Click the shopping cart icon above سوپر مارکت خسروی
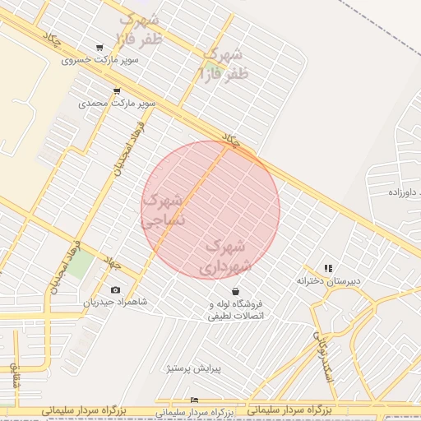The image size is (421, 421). [x=99, y=48]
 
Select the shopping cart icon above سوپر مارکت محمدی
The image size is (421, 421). [x=117, y=91]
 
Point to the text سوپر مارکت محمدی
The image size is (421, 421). [x=118, y=104]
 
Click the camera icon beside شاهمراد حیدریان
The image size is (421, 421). [x=114, y=289]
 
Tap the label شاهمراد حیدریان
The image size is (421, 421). [x=115, y=302]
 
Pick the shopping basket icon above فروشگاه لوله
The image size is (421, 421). [x=236, y=291]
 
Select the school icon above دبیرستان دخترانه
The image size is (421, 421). [x=328, y=268]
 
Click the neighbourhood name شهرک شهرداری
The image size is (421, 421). [x=224, y=256]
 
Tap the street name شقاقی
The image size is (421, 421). [x=15, y=375]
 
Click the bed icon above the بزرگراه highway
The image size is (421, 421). [x=194, y=400]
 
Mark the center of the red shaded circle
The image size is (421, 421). [x=210, y=210]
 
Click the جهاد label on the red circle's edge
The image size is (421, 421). [x=234, y=141]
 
